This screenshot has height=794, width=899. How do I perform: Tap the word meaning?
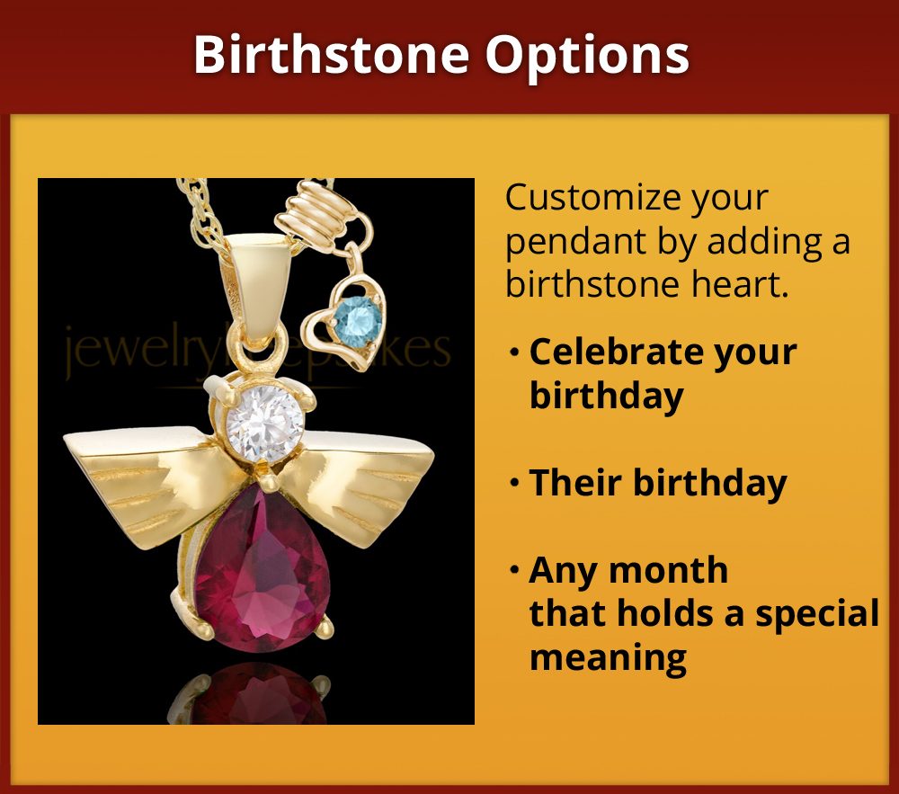click(609, 656)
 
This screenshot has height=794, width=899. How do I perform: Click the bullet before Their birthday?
click(514, 484)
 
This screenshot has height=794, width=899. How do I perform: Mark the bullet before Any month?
click(514, 570)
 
